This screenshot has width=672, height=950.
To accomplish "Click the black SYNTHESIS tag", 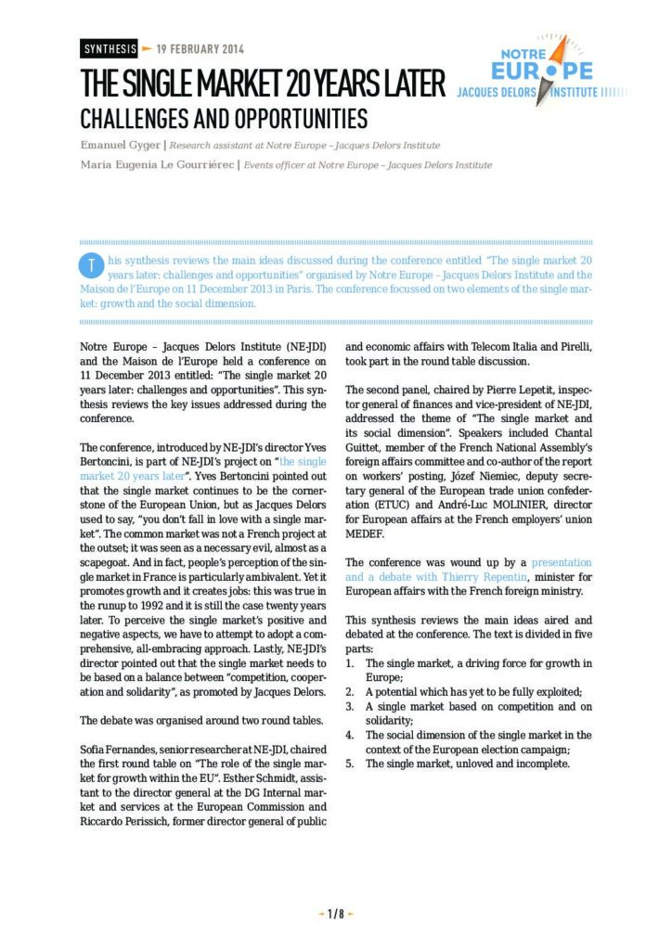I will click(x=110, y=49).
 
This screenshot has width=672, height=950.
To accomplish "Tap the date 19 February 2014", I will click(x=200, y=49).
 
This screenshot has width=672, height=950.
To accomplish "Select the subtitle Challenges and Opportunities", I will click(x=224, y=119).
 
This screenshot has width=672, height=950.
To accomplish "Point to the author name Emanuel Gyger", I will click(x=120, y=146).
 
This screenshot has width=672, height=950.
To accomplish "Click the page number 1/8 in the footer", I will click(x=336, y=914).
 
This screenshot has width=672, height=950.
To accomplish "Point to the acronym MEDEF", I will click(x=368, y=533).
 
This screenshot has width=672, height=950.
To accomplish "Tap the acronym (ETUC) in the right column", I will click(x=368, y=505).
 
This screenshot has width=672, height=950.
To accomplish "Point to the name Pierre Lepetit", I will click(x=511, y=392).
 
